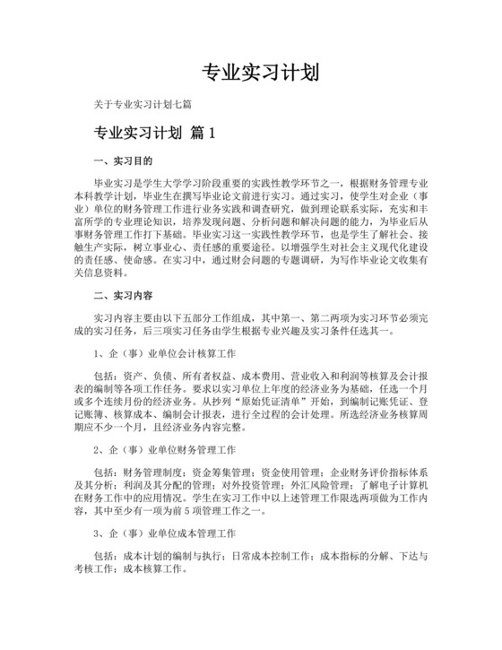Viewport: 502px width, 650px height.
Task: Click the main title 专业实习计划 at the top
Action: pyautogui.click(x=251, y=72)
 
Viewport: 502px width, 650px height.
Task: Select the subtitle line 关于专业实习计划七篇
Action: pyautogui.click(x=148, y=105)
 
